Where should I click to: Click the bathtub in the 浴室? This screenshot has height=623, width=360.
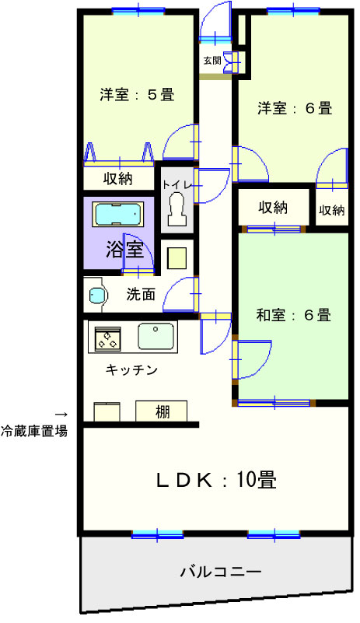[118, 215]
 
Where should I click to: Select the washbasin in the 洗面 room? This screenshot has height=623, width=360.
[97, 296]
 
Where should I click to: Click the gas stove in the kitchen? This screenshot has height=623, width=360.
[107, 338]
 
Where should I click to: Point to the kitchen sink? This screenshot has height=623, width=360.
[156, 336]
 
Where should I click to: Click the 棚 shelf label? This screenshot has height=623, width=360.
[163, 412]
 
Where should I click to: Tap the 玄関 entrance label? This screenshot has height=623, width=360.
[212, 61]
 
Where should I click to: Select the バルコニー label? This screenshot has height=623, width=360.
[222, 572]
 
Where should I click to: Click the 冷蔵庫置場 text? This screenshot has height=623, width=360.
[33, 431]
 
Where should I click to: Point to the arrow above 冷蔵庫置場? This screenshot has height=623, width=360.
[61, 415]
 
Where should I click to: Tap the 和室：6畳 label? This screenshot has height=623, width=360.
[294, 315]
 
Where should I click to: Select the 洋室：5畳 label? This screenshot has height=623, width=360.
[137, 95]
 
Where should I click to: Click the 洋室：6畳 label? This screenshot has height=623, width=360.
[295, 108]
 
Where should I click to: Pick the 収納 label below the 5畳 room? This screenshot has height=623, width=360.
[118, 179]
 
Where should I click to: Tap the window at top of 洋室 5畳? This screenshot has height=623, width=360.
[138, 11]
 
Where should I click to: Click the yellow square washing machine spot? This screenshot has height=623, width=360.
[177, 258]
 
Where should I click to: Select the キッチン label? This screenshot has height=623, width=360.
[131, 370]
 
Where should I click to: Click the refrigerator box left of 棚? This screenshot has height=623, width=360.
[107, 412]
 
